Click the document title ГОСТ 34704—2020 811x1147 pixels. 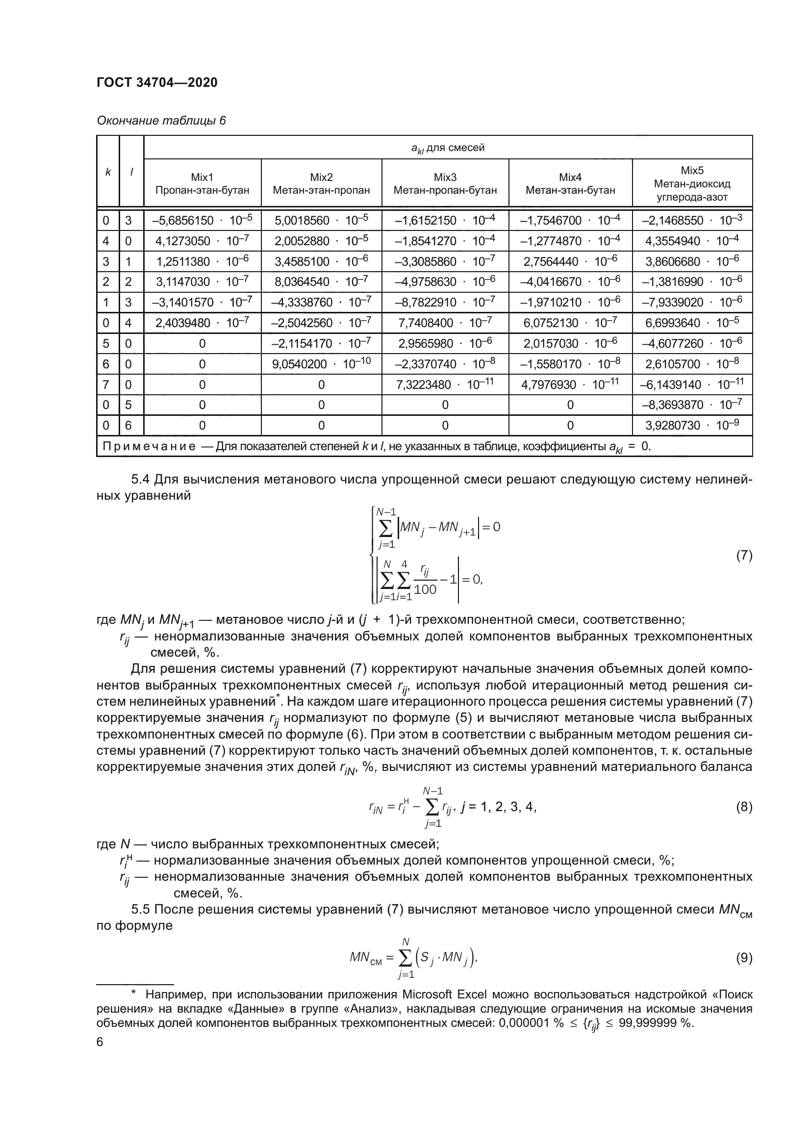[x=157, y=82]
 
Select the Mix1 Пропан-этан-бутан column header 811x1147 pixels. [x=202, y=183]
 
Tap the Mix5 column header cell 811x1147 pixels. [x=692, y=183]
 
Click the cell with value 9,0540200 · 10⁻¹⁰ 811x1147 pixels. [x=321, y=364]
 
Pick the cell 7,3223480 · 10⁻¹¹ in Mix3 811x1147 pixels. [x=444, y=384]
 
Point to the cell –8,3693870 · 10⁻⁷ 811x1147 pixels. [x=692, y=405]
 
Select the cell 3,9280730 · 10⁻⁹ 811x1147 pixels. [x=692, y=425]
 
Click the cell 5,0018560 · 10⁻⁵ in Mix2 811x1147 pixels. [x=321, y=220]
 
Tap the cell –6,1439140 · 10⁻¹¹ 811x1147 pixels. [x=692, y=384]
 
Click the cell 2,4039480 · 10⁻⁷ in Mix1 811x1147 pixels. [x=202, y=323]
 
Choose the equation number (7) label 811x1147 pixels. [x=744, y=556]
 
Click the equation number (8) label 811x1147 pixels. [x=744, y=807]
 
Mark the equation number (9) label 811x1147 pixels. [x=744, y=958]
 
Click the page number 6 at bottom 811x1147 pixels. [x=100, y=1042]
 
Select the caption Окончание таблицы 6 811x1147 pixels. [x=161, y=121]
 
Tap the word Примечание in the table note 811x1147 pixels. [x=149, y=446]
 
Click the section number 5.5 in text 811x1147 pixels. [x=140, y=909]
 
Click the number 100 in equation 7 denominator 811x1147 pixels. [x=425, y=589]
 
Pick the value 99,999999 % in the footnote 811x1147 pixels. [x=656, y=1022]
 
